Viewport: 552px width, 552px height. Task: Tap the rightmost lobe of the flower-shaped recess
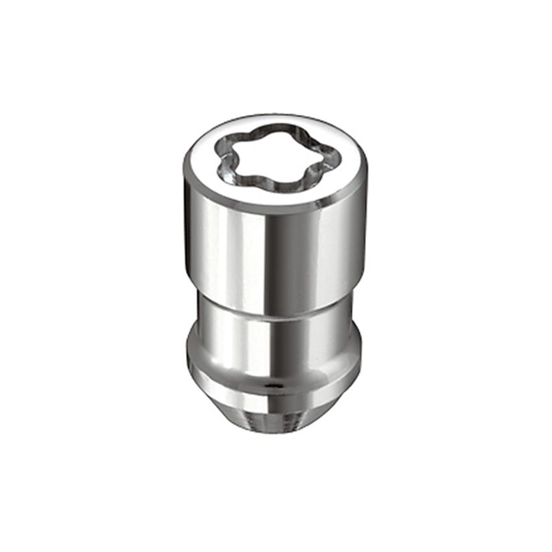pyautogui.click(x=329, y=159)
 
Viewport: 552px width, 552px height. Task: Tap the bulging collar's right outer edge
pyautogui.click(x=359, y=348)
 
